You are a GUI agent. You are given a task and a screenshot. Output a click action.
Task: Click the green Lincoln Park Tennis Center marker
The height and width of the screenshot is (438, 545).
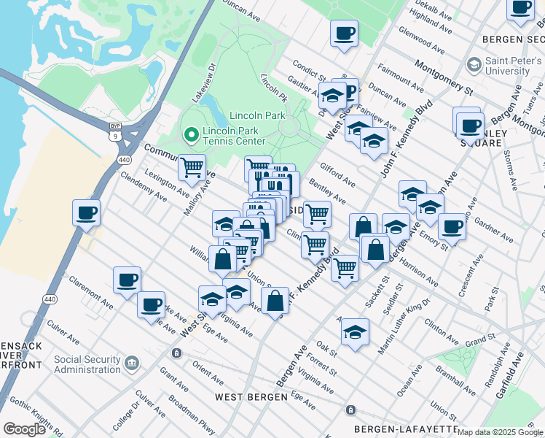(x=191, y=134)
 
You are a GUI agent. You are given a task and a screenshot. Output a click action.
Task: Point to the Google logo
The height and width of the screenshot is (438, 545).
(x=24, y=429)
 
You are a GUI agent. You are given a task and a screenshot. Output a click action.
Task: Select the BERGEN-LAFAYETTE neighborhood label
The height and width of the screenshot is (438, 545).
(x=405, y=429)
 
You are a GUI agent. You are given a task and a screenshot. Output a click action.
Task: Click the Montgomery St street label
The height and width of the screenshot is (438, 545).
(x=444, y=76)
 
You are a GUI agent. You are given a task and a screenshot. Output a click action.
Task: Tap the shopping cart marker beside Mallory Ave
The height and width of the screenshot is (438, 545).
(x=192, y=167)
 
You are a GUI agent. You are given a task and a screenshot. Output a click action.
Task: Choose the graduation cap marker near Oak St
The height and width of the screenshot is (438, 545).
(x=355, y=332)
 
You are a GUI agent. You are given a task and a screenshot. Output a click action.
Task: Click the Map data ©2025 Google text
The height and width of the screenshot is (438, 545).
(x=500, y=432)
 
